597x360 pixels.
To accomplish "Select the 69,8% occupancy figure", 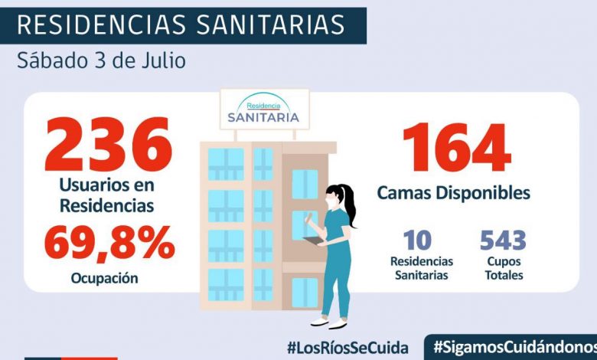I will tap(109, 242).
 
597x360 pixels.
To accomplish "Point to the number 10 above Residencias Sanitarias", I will tap(417, 240).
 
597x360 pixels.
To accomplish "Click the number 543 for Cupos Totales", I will tap(503, 240).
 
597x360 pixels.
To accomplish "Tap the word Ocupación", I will tap(105, 278).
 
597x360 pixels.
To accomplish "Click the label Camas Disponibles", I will tap(453, 193).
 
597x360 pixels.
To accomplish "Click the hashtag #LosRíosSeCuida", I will tap(347, 346).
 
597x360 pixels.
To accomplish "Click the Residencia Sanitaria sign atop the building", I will tap(264, 110).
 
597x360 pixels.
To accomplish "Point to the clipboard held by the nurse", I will tap(313, 241).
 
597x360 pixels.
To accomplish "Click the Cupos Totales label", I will tap(503, 267).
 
